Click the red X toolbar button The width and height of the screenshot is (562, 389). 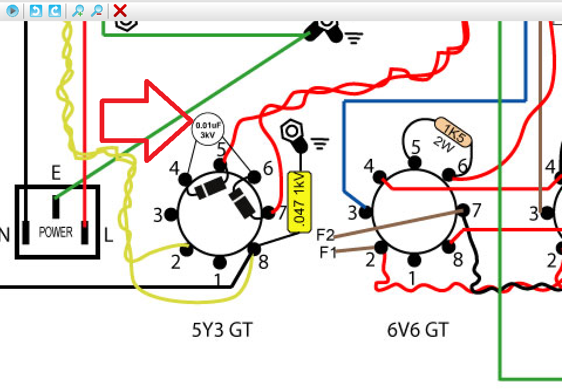coord(120,10)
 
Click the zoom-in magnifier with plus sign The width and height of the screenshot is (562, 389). coord(77,10)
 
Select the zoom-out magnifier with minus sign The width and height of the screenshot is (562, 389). coord(97,10)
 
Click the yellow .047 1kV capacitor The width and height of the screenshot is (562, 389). coord(299,201)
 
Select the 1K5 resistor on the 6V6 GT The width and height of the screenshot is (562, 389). coord(453,130)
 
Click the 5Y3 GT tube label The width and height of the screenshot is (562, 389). coord(222,330)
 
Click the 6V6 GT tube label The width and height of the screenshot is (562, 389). coord(417,330)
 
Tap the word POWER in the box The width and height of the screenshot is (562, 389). coord(56,232)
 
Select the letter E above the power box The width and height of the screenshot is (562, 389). coord(56,173)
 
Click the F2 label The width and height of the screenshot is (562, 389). coord(325,236)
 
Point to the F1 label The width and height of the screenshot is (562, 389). coord(329,252)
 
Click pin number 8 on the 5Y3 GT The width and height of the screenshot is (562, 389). coord(263,261)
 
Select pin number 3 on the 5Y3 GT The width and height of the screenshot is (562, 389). coord(158,215)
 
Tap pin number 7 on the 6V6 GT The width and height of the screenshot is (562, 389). coord(476,209)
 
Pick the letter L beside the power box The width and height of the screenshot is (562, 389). coord(108,236)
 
